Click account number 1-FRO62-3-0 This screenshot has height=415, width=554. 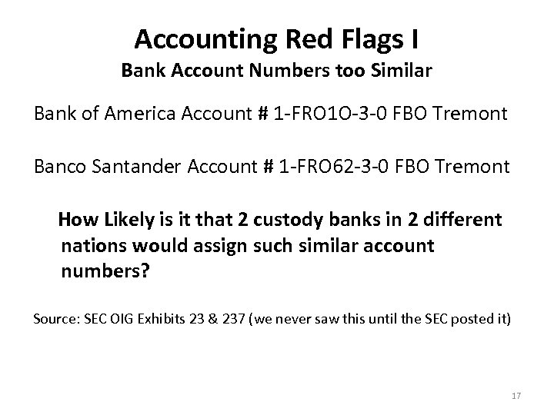pyautogui.click(x=358, y=167)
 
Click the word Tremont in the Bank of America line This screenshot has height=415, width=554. pyautogui.click(x=470, y=115)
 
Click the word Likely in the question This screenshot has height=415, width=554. pyautogui.click(x=125, y=220)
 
